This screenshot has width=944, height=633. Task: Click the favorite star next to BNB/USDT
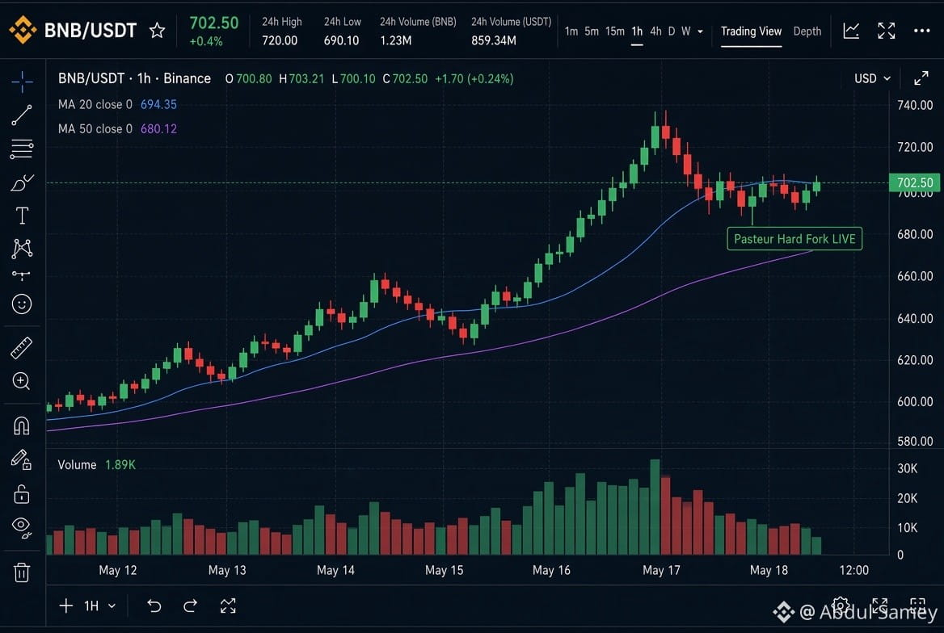(157, 30)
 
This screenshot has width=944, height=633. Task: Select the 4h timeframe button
(655, 31)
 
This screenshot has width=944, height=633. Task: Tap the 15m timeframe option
(615, 31)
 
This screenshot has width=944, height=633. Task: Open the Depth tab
(807, 31)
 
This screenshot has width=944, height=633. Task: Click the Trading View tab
(751, 31)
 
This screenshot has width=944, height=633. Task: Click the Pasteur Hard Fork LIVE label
(794, 239)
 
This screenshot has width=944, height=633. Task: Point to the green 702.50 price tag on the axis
(915, 182)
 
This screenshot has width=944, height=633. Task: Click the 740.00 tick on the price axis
(915, 105)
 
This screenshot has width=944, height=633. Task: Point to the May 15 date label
(444, 570)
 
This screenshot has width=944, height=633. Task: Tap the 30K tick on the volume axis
(908, 468)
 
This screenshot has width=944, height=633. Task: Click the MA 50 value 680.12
(158, 128)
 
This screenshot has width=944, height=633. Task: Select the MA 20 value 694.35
(158, 104)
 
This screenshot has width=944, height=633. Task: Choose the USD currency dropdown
(872, 78)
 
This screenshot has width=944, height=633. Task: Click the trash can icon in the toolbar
(22, 572)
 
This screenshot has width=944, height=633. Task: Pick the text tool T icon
(22, 216)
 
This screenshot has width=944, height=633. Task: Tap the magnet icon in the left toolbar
(22, 426)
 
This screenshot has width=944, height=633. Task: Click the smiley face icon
(22, 304)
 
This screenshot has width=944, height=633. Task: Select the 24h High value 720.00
(280, 40)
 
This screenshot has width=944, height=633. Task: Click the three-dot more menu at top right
(921, 30)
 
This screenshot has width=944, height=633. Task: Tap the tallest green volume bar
(655, 506)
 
